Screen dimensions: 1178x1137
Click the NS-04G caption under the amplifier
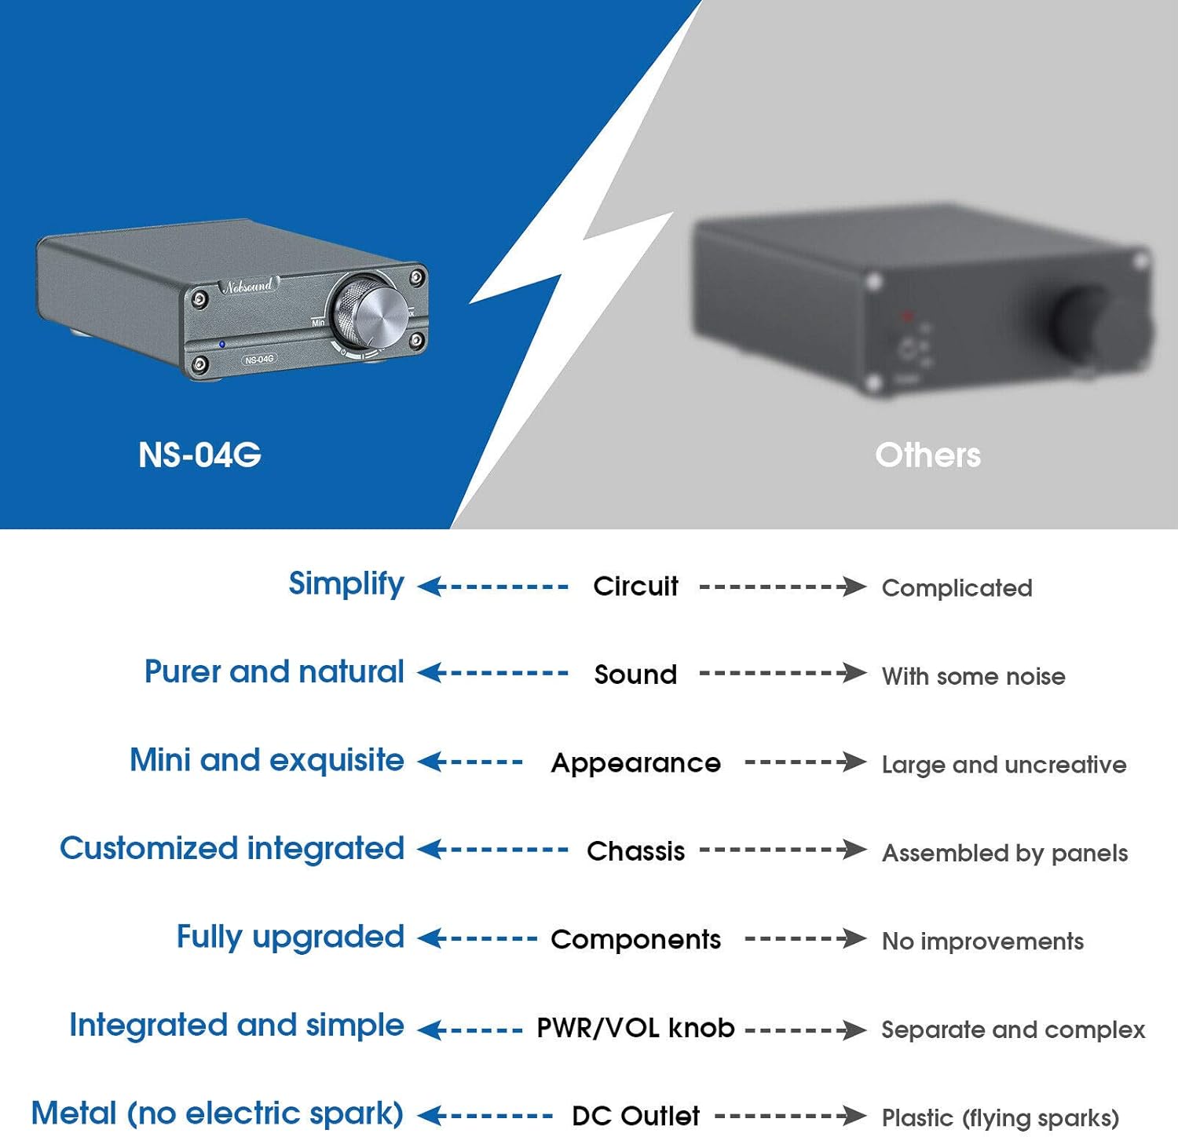click(199, 455)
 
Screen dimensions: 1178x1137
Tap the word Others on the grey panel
click(928, 455)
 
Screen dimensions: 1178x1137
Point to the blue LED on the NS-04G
click(222, 344)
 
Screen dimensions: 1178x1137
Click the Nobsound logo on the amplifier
click(248, 285)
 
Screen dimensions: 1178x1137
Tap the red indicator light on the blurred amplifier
click(907, 316)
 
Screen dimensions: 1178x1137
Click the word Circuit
click(635, 586)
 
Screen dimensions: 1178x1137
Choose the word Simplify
click(346, 584)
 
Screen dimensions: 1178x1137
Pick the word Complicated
click(957, 588)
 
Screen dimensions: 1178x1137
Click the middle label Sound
click(635, 675)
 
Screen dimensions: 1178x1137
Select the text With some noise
click(973, 676)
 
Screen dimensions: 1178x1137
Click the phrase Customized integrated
click(232, 849)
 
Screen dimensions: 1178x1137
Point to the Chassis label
click(635, 851)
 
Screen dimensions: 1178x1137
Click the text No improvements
click(982, 941)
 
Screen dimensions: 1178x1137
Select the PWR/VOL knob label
click(635, 1028)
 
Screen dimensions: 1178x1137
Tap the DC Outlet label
click(635, 1116)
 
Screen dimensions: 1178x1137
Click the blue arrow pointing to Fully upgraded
click(477, 938)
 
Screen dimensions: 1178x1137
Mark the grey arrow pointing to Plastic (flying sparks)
click(791, 1115)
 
